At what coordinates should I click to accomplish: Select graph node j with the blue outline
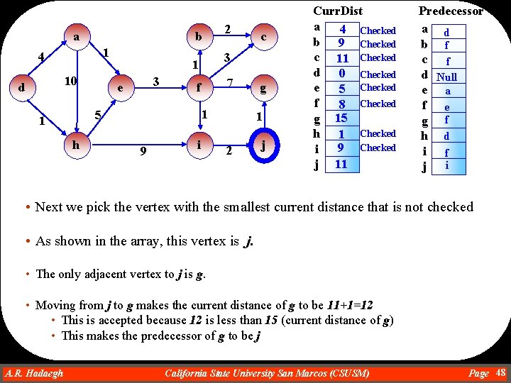[x=263, y=147]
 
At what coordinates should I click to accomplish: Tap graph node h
[x=76, y=144]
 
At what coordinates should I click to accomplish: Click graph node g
[x=263, y=89]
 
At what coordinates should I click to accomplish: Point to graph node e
[x=121, y=89]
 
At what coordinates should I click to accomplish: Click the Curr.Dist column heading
[x=338, y=11]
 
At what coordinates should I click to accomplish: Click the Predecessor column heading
[x=451, y=11]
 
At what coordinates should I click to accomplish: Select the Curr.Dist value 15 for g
[x=341, y=118]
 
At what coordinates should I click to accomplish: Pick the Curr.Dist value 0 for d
[x=342, y=73]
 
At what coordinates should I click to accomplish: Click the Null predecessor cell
[x=447, y=77]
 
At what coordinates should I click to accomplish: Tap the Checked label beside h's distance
[x=378, y=133]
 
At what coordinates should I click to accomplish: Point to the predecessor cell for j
[x=447, y=165]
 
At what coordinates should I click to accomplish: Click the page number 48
[x=500, y=373]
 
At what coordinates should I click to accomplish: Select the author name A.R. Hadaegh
[x=33, y=373]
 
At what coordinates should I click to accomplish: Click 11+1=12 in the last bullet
[x=350, y=306]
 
